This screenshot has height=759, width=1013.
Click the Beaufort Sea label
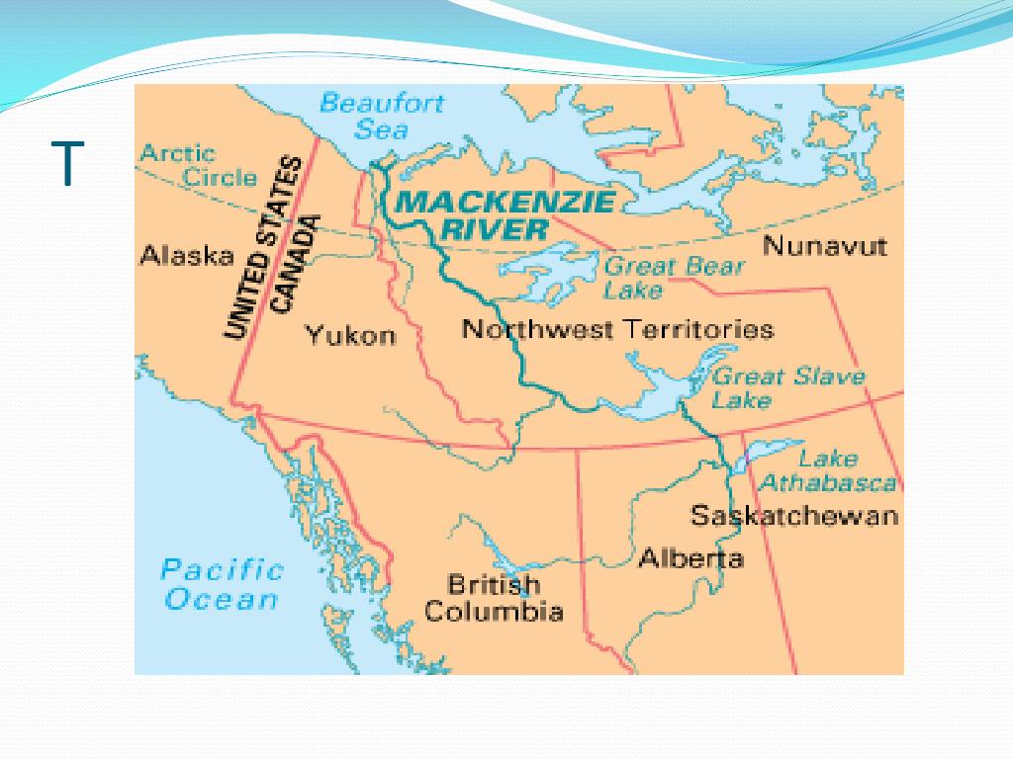382,116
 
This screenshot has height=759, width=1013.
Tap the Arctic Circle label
199,166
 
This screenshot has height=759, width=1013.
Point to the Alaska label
187,256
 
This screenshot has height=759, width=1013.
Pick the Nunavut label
824,246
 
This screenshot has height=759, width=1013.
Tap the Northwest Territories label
617,329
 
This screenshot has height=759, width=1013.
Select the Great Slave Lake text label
787,387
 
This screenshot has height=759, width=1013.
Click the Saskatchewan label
793,516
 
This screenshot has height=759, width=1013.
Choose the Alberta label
691,558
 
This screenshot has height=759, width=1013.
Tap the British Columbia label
494,598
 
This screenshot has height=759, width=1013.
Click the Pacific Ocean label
222,584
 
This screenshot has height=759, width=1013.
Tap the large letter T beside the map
67,164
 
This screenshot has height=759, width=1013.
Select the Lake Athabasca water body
767,454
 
